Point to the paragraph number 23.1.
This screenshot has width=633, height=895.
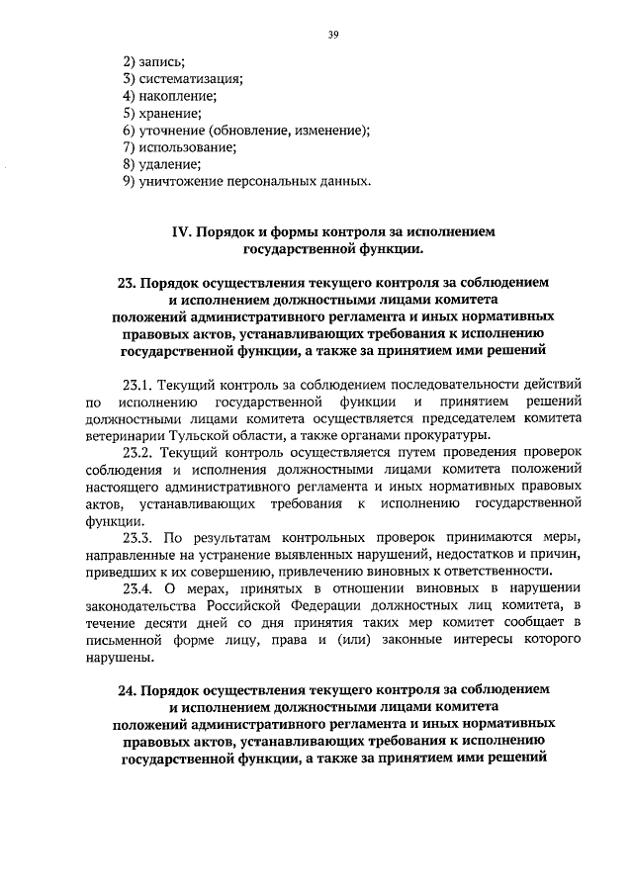(136, 383)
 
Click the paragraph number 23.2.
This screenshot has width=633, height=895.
(137, 451)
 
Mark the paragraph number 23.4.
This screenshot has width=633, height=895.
(137, 588)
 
